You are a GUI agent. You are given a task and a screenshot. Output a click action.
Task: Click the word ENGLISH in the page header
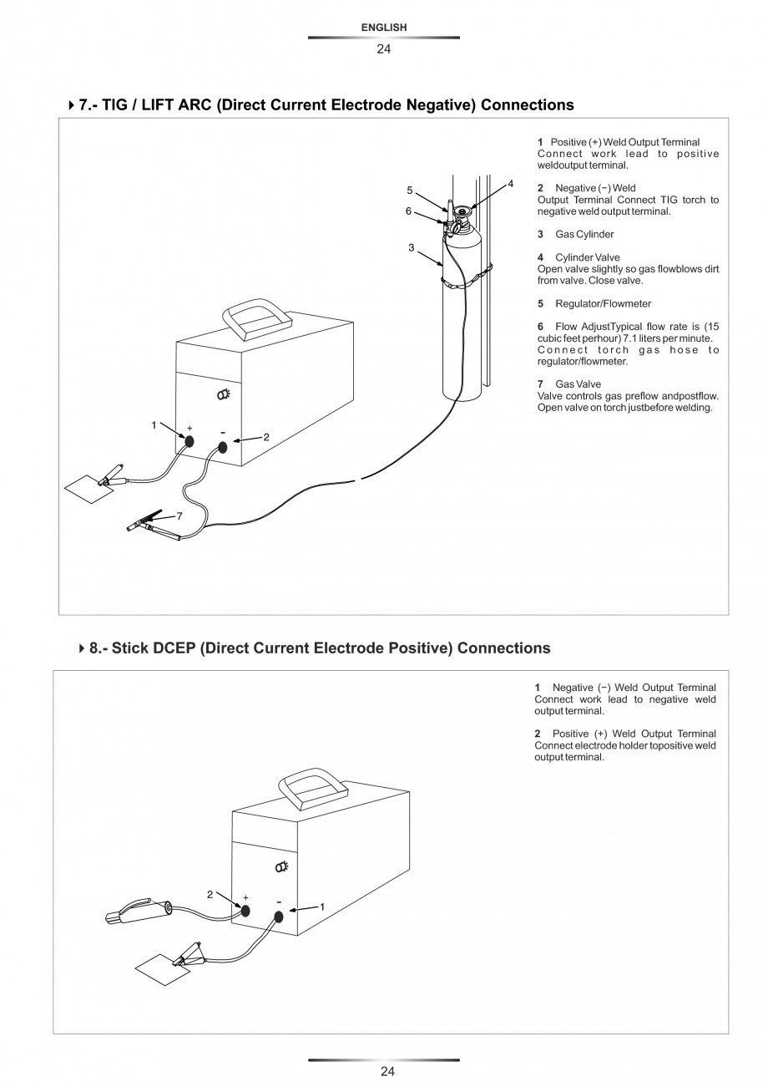point(384,28)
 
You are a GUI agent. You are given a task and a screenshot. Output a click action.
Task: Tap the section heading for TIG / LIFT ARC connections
point(326,105)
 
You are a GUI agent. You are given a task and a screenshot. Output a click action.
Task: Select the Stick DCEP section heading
point(320,648)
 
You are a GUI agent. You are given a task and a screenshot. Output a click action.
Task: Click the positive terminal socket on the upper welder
point(189,442)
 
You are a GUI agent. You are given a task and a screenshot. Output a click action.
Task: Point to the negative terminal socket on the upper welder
point(223,447)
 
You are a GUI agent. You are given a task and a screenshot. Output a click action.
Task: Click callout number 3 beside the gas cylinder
point(411,247)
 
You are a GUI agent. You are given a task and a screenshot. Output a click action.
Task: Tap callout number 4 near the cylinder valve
point(510,183)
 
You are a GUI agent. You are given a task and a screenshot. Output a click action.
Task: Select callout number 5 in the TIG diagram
point(409,190)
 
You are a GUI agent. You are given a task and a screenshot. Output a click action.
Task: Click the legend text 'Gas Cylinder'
point(584,234)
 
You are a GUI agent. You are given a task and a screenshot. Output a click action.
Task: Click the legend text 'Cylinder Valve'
point(587,257)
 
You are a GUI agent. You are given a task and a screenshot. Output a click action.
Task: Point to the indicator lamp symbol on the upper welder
point(225,395)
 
